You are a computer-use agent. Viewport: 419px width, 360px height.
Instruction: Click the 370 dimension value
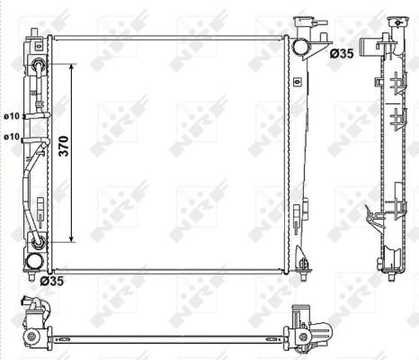tap(64, 146)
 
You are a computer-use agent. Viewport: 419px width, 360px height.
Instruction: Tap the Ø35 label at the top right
tap(342, 54)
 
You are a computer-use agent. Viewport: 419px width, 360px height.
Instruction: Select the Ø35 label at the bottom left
tap(52, 281)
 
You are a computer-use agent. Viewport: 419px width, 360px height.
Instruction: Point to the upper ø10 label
tap(12, 116)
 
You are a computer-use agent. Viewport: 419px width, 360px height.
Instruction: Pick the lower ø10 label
tap(12, 137)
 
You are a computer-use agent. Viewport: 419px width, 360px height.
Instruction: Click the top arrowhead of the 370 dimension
tap(71, 67)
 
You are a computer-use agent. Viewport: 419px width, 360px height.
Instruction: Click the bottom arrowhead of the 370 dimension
tap(71, 238)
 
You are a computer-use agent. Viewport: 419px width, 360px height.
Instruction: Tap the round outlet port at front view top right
tap(300, 47)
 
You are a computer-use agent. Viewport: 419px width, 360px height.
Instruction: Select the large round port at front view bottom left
tap(33, 262)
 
